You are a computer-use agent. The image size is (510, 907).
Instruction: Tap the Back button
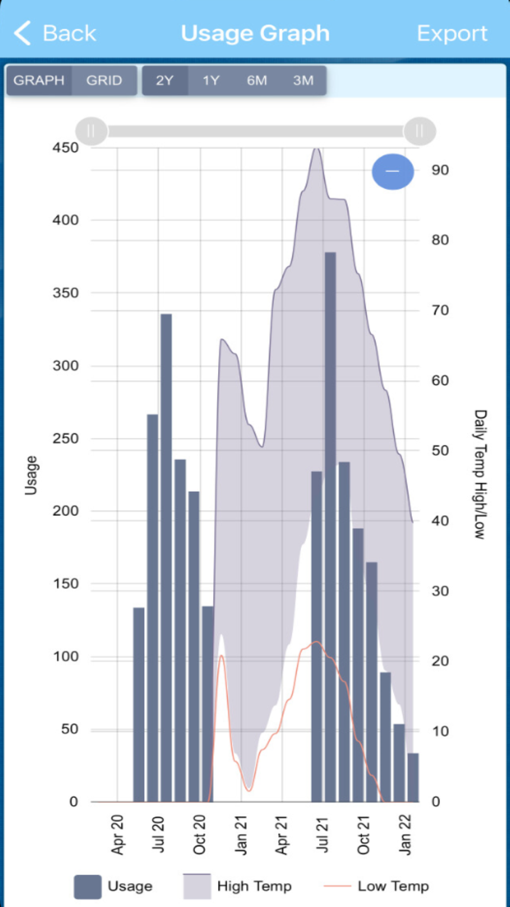[55, 34]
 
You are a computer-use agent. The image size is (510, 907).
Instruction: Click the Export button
[452, 34]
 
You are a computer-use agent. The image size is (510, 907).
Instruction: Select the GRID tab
[104, 81]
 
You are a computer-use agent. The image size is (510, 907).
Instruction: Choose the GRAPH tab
[39, 81]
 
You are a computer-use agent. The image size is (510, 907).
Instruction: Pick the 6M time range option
[257, 81]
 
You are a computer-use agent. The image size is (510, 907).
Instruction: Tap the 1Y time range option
[211, 81]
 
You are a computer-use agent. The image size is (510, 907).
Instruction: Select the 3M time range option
[303, 81]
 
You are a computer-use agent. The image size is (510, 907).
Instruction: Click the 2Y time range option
[165, 81]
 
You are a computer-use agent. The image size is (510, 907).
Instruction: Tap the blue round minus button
[393, 171]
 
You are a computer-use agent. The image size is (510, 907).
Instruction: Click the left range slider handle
[91, 131]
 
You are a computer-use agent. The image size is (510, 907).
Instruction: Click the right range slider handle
[419, 131]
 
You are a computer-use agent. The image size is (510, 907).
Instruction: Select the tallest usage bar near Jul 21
[330, 525]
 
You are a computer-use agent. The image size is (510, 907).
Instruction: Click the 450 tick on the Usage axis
[66, 148]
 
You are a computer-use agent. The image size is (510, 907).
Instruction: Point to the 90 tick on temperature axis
[440, 170]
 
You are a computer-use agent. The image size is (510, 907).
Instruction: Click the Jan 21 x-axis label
[241, 835]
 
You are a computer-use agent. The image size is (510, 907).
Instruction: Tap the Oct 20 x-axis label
[199, 835]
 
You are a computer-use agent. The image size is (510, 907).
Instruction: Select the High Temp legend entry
[238, 886]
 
